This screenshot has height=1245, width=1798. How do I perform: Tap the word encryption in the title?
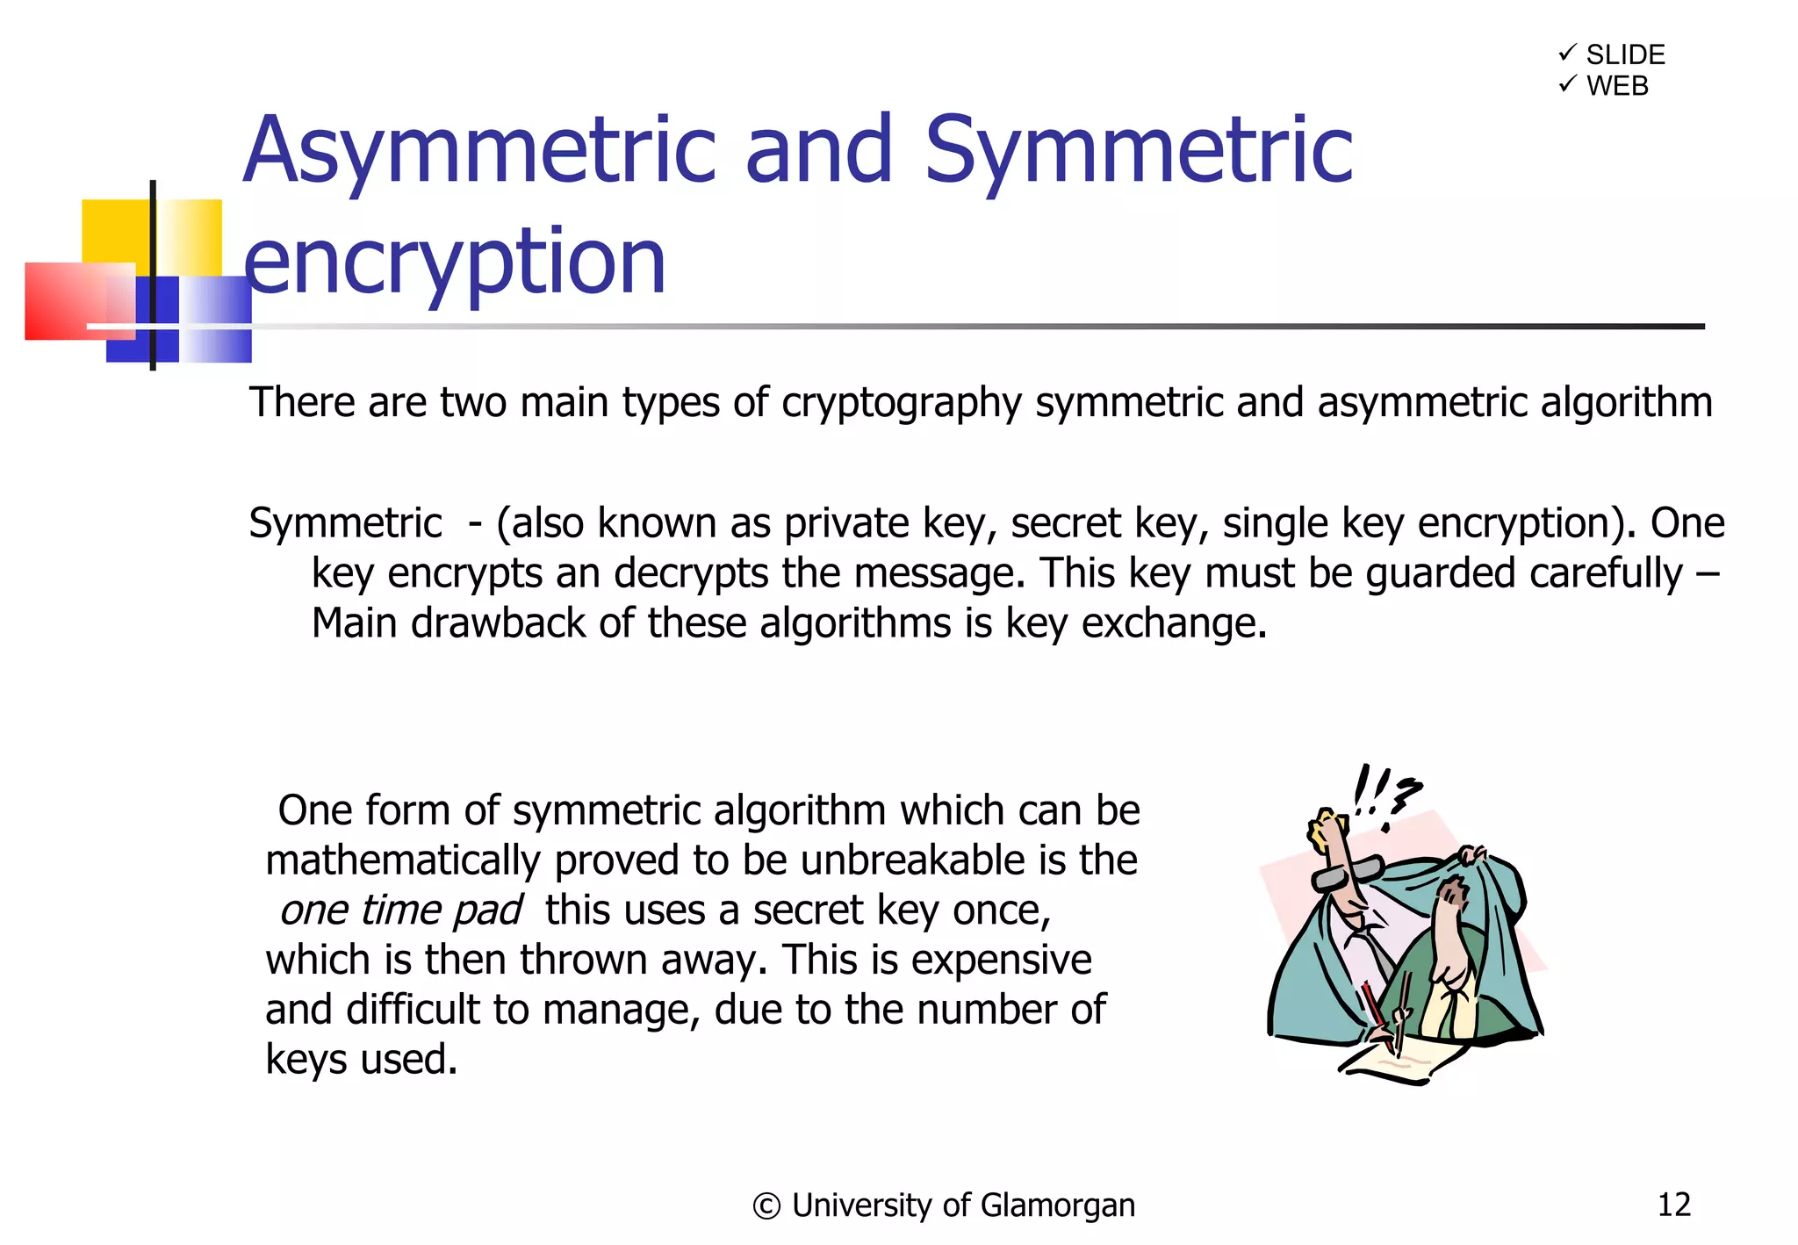[454, 262]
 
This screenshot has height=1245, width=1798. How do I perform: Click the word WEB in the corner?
[1617, 86]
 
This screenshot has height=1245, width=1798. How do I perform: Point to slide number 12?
[1673, 1205]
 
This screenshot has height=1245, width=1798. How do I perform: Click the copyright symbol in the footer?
[766, 1206]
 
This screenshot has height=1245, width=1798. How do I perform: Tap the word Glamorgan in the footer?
[1057, 1206]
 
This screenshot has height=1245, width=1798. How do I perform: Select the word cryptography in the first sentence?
[902, 403]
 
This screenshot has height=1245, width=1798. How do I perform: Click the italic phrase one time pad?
[401, 910]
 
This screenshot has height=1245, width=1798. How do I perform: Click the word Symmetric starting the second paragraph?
[345, 523]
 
